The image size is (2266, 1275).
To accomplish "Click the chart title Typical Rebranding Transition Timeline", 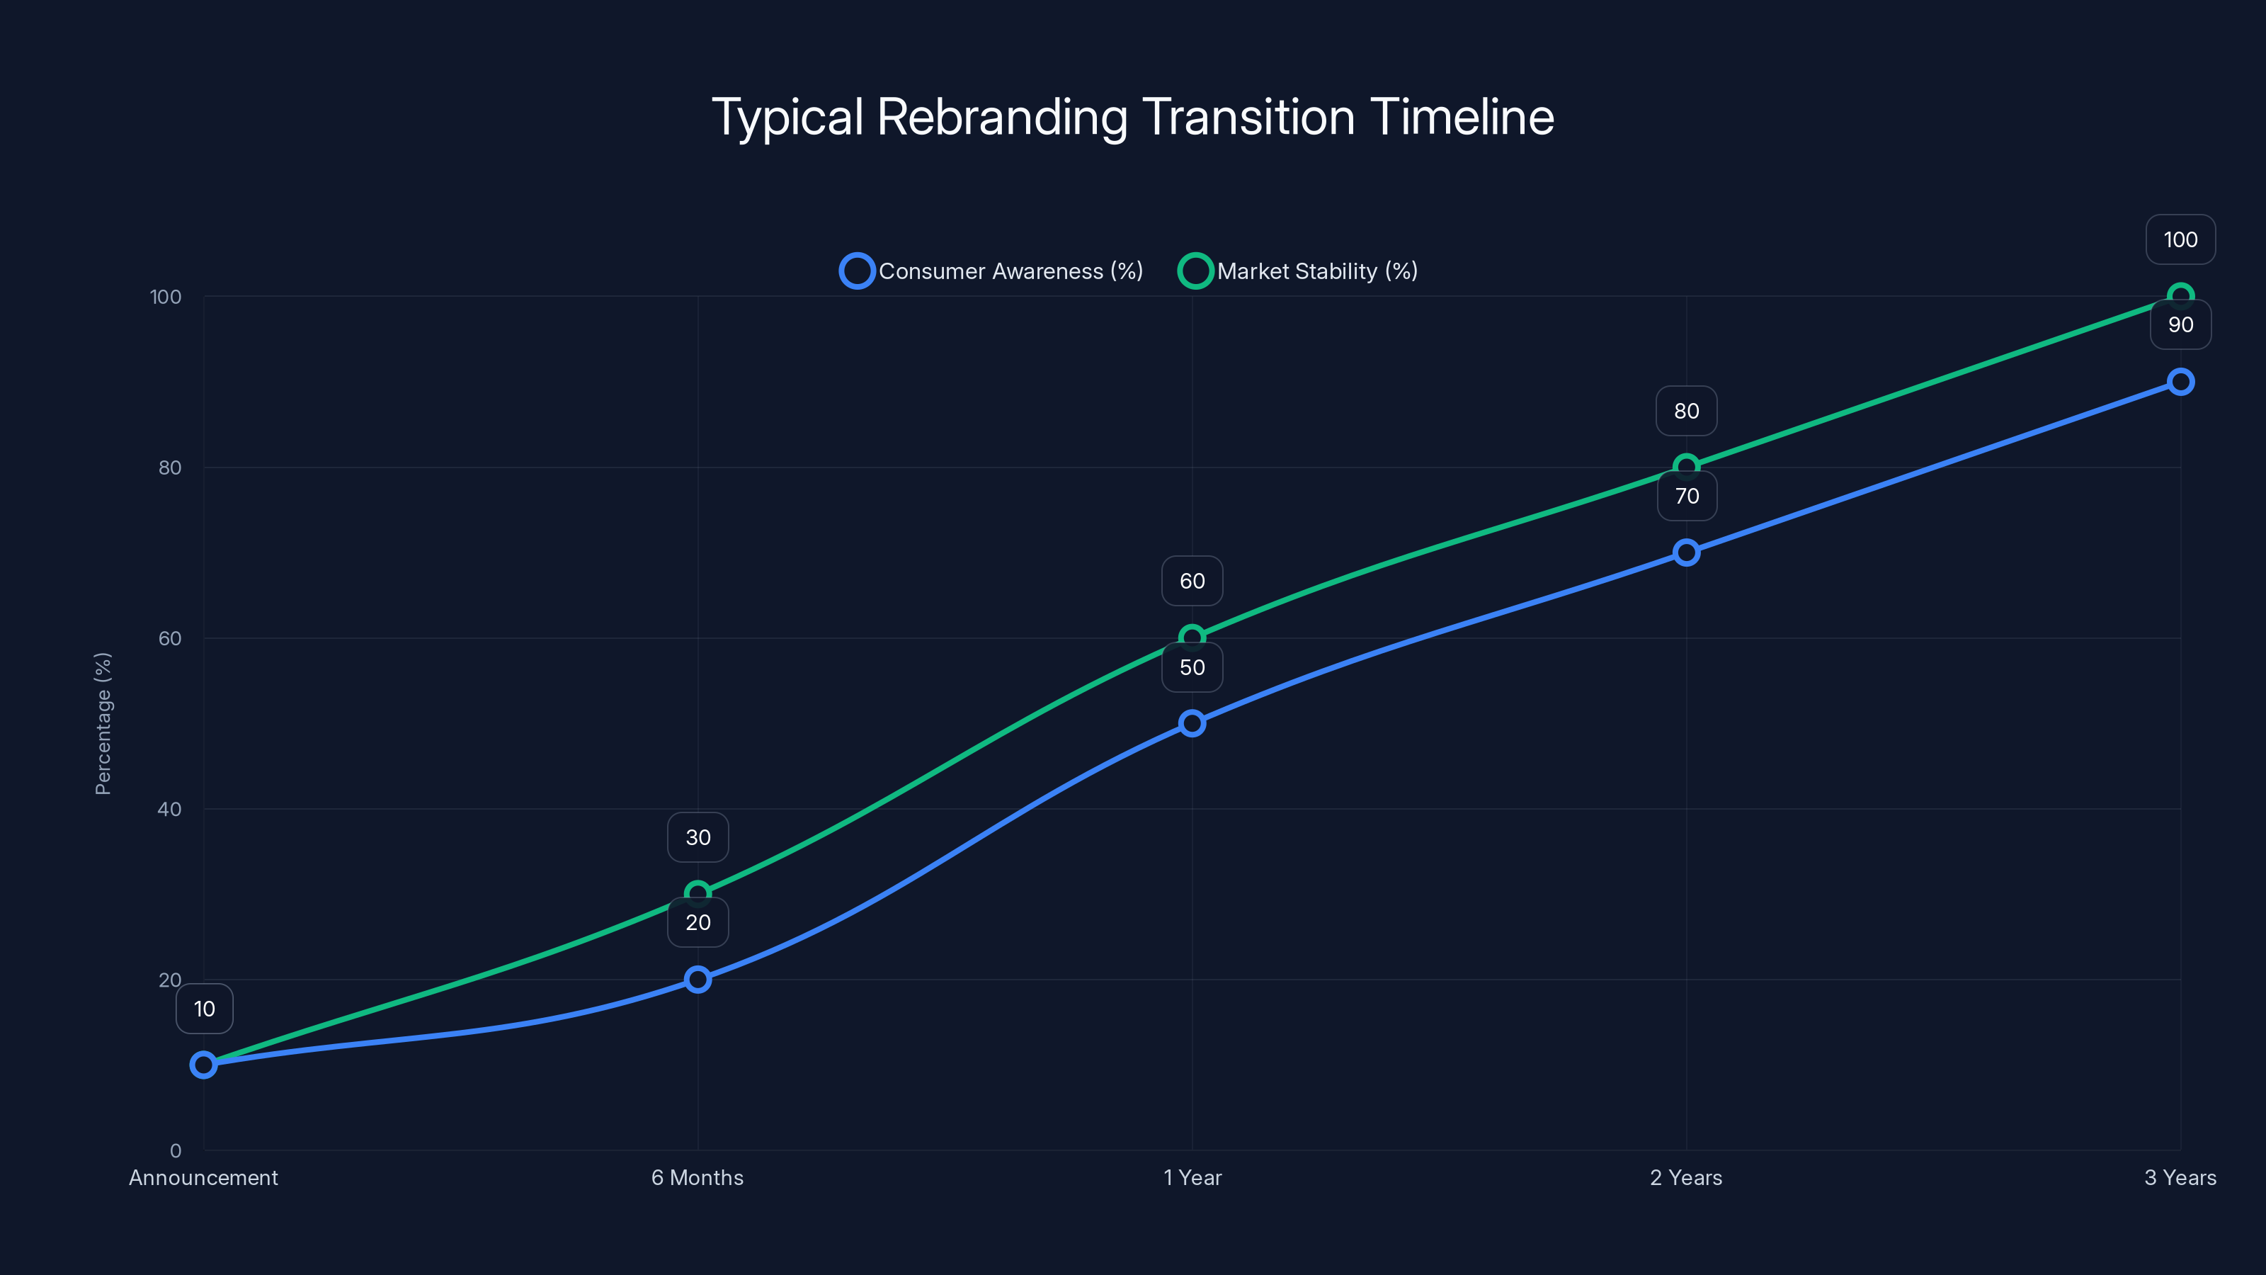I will (x=1132, y=117).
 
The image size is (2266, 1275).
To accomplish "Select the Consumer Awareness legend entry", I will (x=991, y=271).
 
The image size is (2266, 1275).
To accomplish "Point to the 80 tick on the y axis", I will (x=170, y=468).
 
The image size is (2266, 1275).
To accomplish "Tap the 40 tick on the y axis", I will (x=170, y=810).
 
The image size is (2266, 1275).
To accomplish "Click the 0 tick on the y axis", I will (x=175, y=1151).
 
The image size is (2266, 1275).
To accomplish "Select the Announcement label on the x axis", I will (x=203, y=1177).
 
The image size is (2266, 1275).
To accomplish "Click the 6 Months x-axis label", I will (x=698, y=1177).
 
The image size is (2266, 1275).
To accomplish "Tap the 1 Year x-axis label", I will (x=1192, y=1177).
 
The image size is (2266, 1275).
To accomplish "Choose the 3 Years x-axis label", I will (x=2180, y=1177).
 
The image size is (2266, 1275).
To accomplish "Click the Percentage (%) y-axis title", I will (x=103, y=723).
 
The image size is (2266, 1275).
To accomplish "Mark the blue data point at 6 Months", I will (x=698, y=980).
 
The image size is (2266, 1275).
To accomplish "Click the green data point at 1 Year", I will (x=1192, y=637).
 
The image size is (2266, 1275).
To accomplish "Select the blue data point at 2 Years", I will (x=1686, y=552).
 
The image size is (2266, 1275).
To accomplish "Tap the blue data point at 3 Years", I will (x=2180, y=382).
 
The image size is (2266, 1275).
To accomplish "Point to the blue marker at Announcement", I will (x=203, y=1065).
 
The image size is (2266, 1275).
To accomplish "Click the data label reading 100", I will (x=2180, y=239).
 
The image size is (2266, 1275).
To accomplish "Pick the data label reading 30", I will (x=698, y=837).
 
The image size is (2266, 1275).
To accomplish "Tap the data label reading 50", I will (x=1192, y=667).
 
